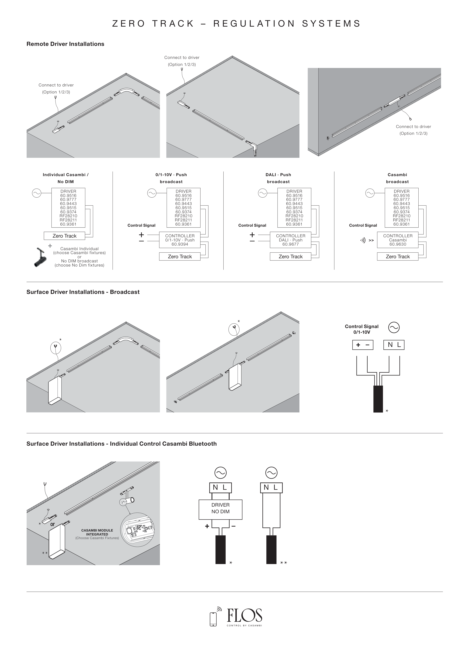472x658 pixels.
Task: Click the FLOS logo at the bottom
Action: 244,615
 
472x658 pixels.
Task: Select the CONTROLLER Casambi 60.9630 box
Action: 397,240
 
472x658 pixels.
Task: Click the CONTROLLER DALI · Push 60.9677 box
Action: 290,240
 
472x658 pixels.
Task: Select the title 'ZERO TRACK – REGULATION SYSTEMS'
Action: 236,23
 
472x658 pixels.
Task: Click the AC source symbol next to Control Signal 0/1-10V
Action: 394,327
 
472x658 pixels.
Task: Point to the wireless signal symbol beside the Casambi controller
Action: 363,240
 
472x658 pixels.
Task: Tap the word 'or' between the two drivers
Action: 52,524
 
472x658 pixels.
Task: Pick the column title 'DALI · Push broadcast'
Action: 278,178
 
